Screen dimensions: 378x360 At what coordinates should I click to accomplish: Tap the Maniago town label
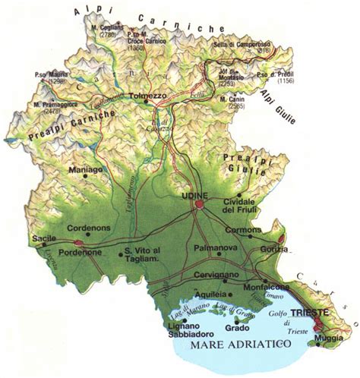84,172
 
